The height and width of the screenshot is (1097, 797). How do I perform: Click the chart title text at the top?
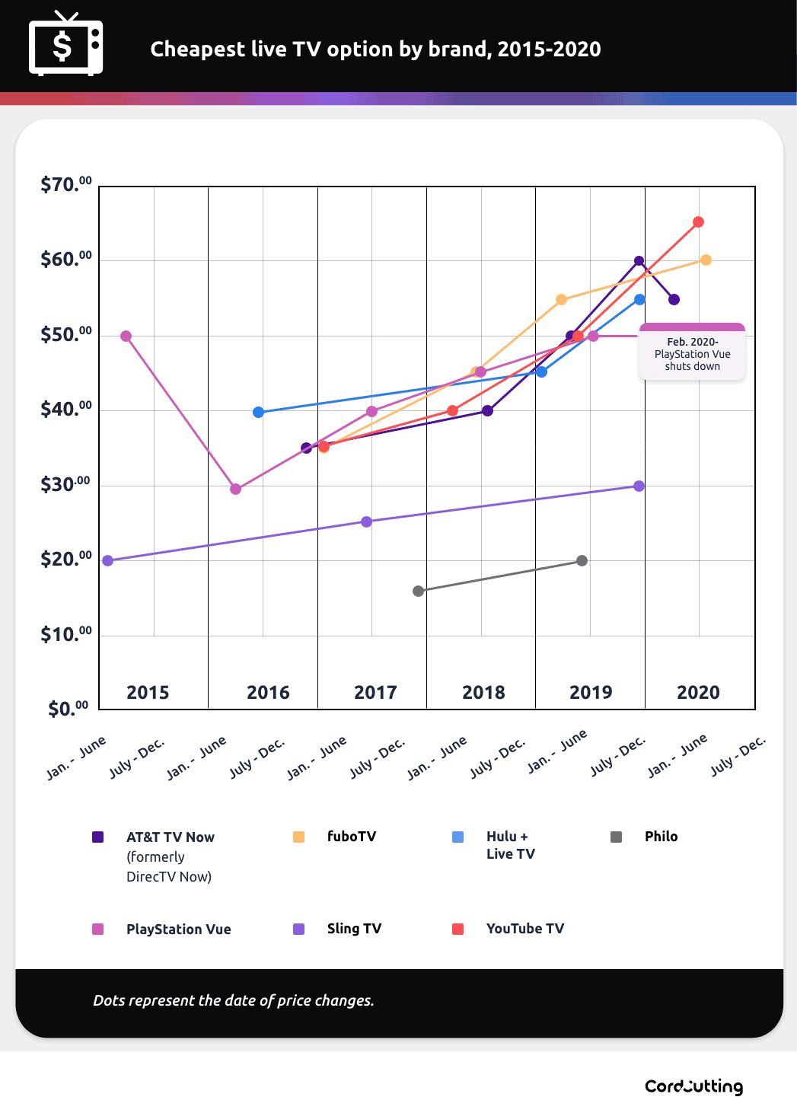(x=375, y=49)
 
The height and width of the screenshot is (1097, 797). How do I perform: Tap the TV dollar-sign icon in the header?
(x=65, y=46)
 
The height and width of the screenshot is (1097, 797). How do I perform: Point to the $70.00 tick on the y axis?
(x=65, y=184)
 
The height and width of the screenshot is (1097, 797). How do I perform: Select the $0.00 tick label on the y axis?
(x=68, y=708)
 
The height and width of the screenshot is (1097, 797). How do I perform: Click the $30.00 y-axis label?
(x=65, y=484)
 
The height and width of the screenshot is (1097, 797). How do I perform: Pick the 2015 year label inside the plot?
(x=148, y=692)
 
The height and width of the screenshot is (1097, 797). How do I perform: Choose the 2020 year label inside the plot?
(x=698, y=692)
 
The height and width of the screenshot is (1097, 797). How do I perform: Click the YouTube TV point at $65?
(x=698, y=222)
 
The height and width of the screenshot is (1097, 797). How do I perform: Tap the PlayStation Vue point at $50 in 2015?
(x=126, y=336)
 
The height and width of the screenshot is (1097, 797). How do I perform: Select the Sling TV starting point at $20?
(x=107, y=560)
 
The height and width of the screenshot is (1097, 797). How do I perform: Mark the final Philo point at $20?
(x=582, y=561)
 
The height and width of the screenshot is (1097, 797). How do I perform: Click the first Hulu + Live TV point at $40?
(x=258, y=412)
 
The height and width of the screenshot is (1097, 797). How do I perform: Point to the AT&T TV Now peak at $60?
(x=639, y=261)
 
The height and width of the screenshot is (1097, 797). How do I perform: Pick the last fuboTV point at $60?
(x=706, y=260)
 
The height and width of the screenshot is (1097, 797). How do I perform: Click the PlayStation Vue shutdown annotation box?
(x=692, y=353)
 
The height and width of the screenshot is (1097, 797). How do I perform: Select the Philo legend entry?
(x=661, y=837)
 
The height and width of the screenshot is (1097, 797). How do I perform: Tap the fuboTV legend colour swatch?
(x=299, y=837)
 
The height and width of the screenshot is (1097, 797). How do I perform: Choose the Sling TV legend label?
(x=354, y=929)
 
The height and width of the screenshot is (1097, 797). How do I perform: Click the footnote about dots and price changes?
(x=234, y=1000)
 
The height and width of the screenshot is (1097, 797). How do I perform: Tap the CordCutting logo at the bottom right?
(x=693, y=1086)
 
